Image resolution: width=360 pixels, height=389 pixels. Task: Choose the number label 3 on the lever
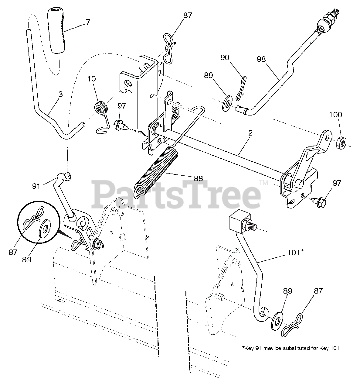[60, 94]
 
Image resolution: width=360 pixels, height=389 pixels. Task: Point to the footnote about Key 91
[290, 348]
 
